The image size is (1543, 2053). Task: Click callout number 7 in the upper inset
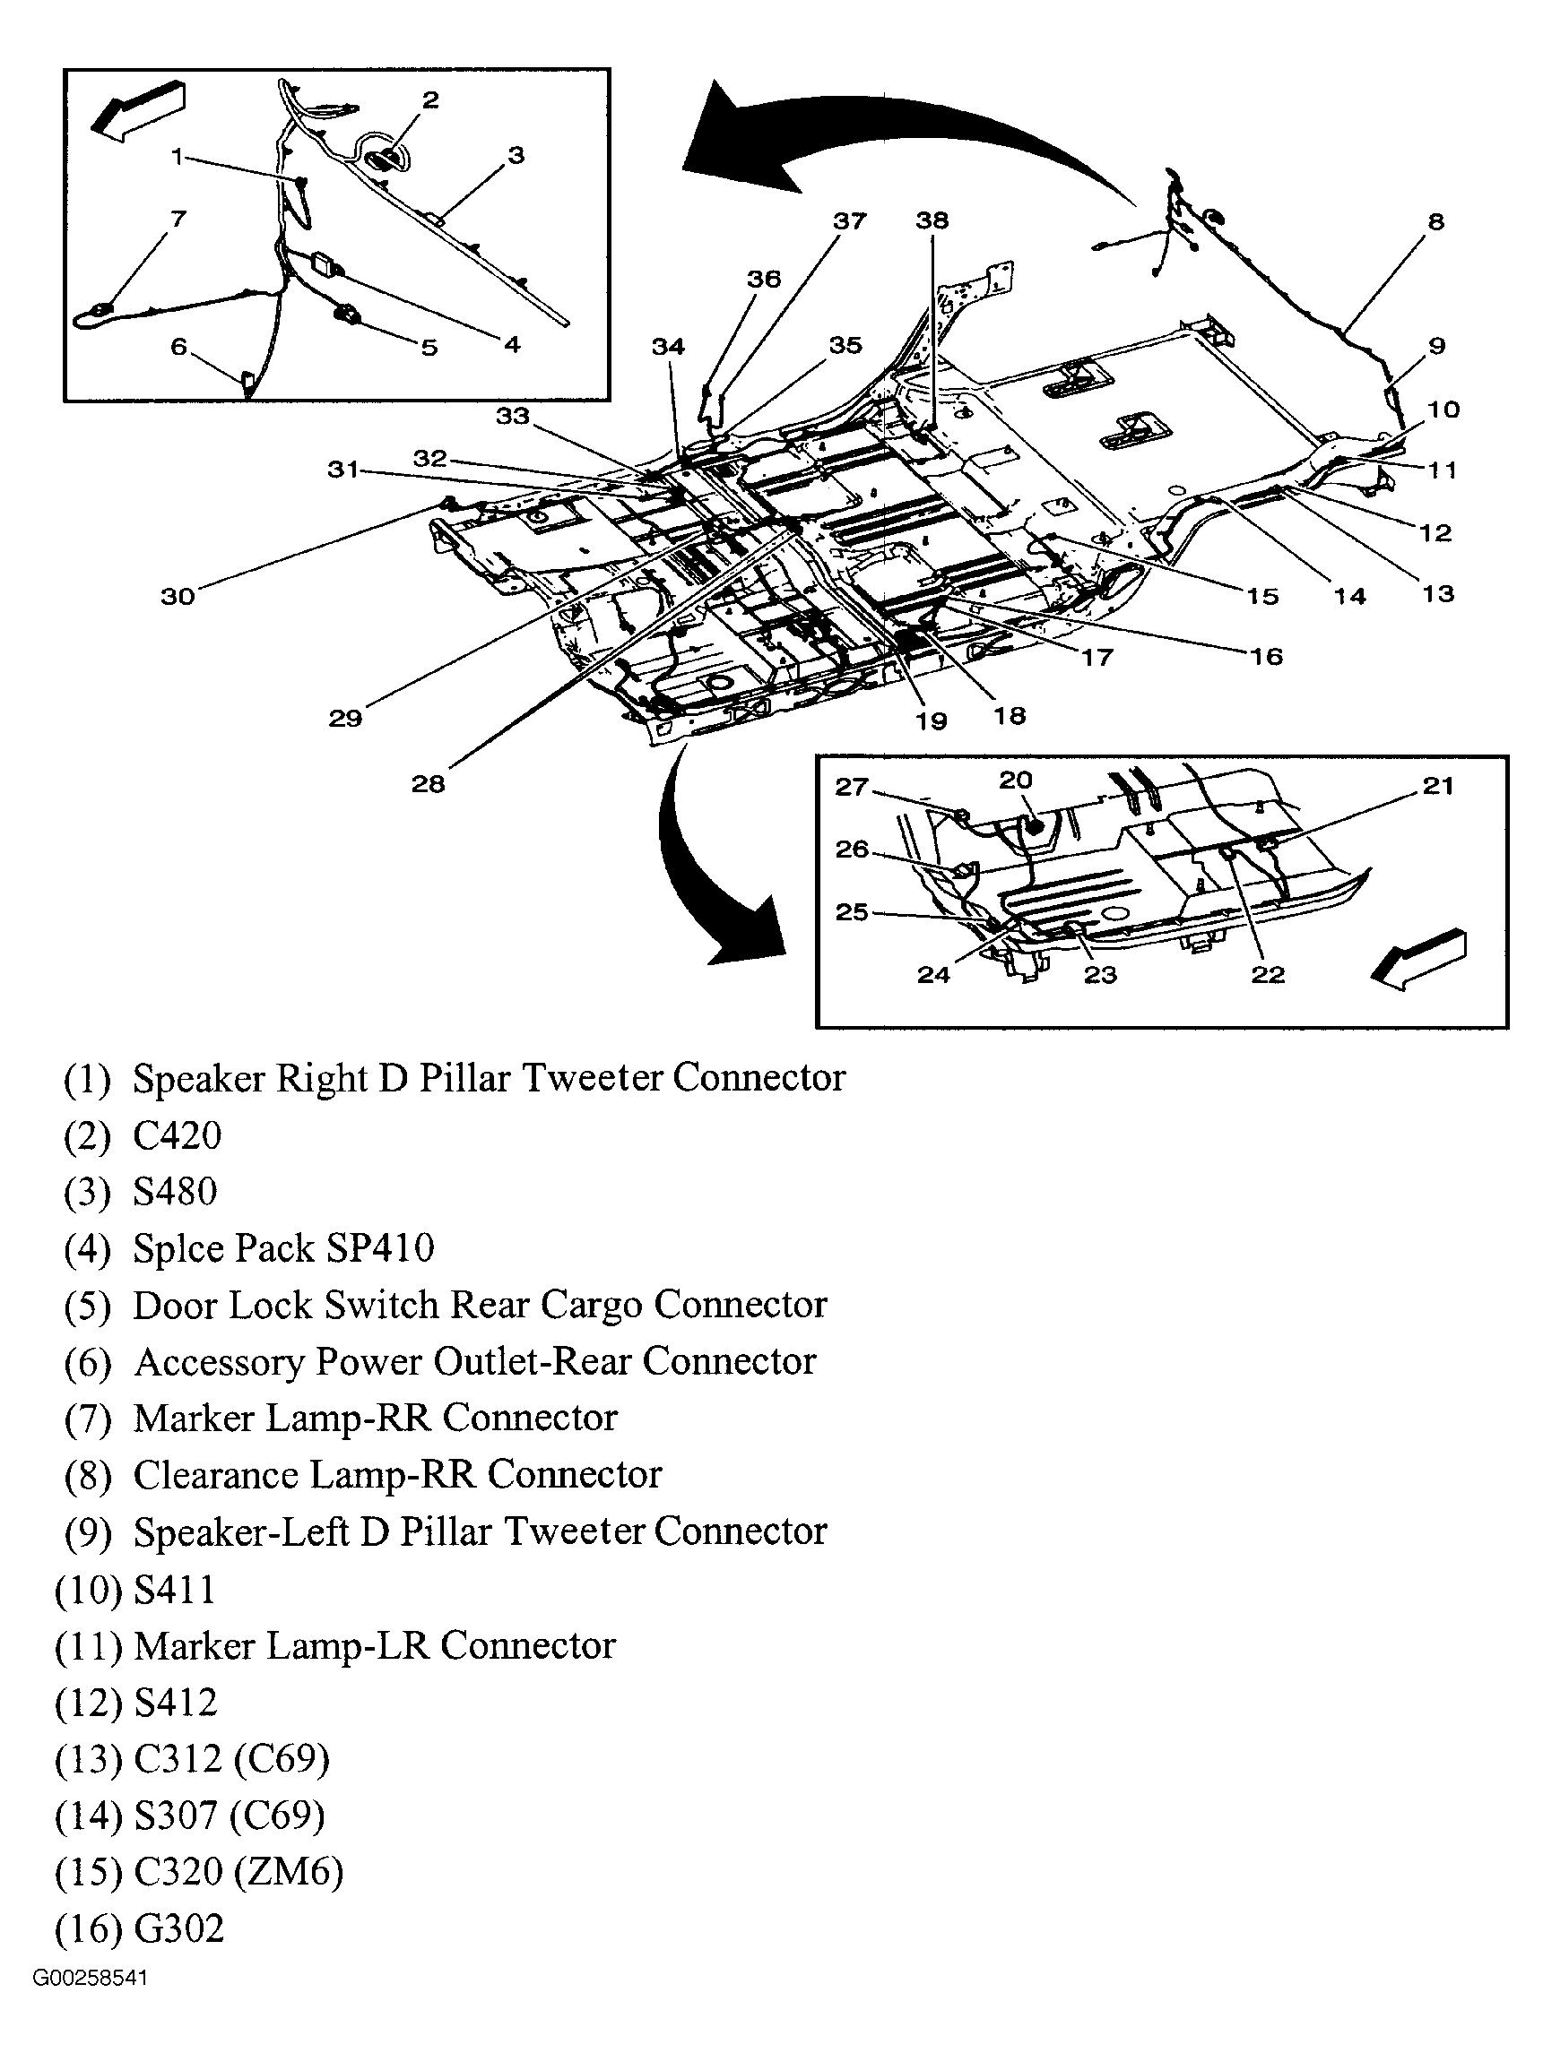(x=178, y=219)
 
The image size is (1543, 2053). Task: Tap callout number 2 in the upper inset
(x=429, y=100)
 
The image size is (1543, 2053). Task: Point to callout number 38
(x=932, y=220)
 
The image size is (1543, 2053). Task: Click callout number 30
(x=178, y=596)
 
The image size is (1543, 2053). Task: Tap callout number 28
(x=428, y=784)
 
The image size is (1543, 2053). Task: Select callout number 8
(x=1435, y=222)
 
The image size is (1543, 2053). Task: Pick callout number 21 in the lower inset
(x=1437, y=786)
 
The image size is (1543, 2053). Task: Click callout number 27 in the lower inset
(x=852, y=787)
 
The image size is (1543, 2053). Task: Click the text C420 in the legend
(x=178, y=1135)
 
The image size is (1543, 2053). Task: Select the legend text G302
(x=179, y=1928)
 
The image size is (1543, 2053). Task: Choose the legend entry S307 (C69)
(x=230, y=1816)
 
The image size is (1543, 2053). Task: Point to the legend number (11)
(x=89, y=1645)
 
